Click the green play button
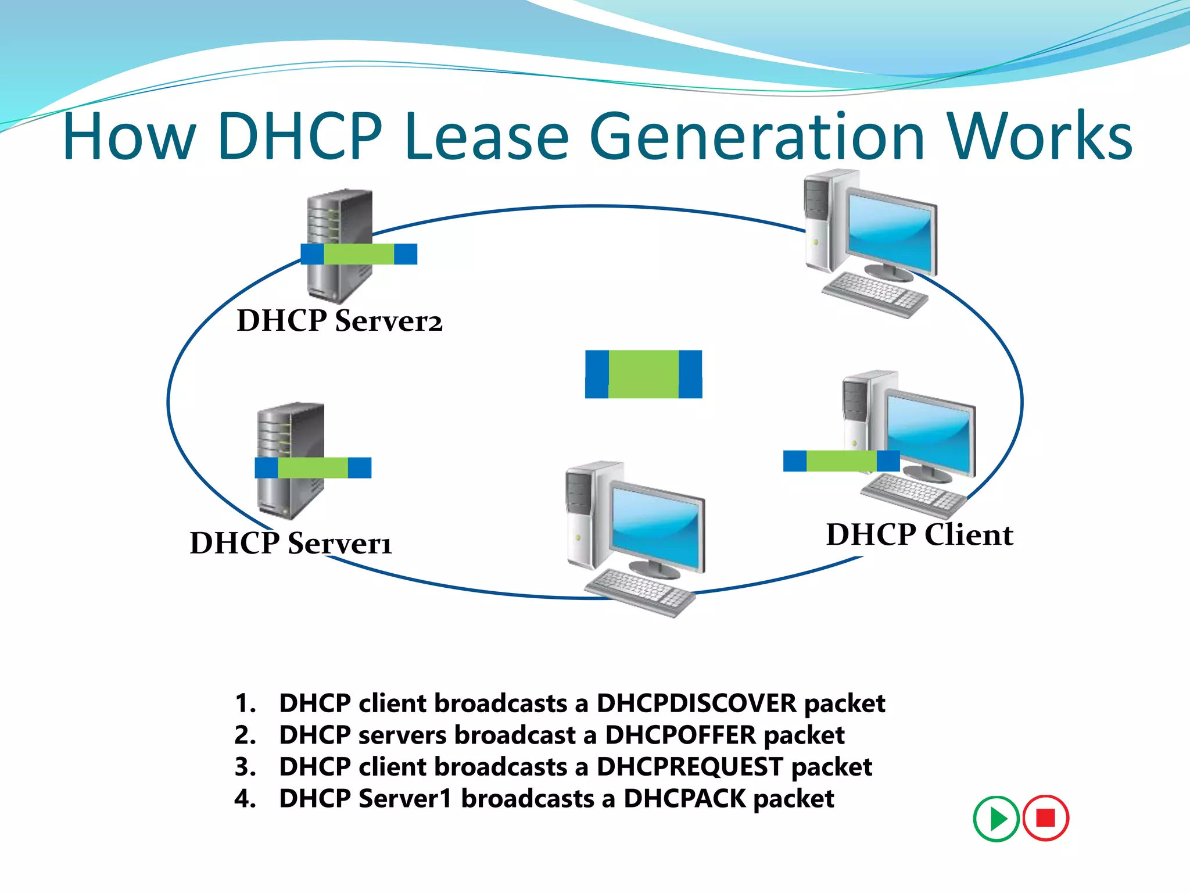[996, 819]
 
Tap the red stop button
[1045, 818]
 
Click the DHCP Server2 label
[339, 321]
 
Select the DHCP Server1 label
[291, 543]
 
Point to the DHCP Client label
[919, 534]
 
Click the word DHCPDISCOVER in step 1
[696, 703]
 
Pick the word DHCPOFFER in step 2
[680, 735]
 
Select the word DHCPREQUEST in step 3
[690, 767]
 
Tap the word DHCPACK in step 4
[684, 799]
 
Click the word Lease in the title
[487, 137]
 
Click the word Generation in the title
[757, 137]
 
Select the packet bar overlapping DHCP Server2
[359, 254]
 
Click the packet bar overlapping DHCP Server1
[313, 467]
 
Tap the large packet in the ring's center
[643, 374]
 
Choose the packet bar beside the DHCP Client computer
[841, 461]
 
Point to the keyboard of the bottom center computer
[639, 591]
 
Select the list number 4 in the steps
[245, 799]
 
